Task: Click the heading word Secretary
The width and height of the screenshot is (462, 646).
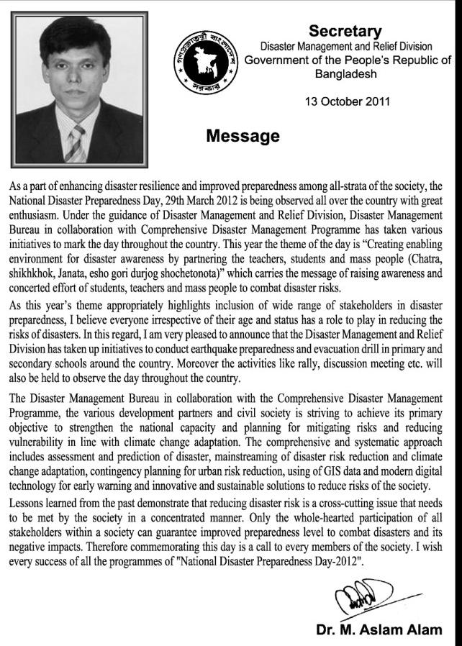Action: point(345,31)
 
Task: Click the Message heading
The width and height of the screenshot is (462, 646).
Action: point(243,136)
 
